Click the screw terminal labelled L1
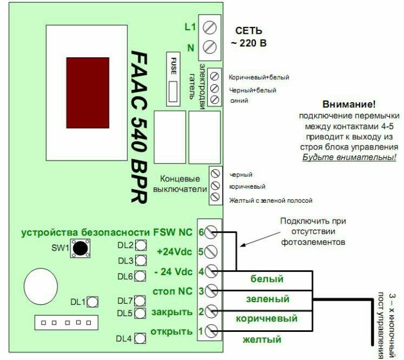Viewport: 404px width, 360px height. pos(209,28)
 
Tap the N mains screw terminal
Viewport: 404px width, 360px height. pos(209,47)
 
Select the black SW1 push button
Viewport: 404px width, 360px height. pos(80,248)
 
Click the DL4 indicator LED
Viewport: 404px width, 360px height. pos(140,338)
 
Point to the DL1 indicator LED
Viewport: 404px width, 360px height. pos(92,302)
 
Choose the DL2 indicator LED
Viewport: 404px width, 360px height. pos(141,245)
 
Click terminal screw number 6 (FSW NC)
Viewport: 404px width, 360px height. pos(211,232)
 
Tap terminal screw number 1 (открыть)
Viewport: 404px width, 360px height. pos(211,331)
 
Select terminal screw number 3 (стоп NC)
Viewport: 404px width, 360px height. pos(211,291)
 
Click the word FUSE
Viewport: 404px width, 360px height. pos(173,66)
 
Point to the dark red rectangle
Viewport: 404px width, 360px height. pos(88,93)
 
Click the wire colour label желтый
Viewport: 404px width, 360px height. pos(262,339)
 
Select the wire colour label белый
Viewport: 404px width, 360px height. pos(267,279)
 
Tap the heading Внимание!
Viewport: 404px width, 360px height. pos(349,104)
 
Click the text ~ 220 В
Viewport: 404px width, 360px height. pos(249,43)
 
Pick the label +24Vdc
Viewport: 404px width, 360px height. pos(175,252)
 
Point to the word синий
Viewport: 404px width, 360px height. pos(239,101)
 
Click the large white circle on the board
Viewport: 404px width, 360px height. pos(40,286)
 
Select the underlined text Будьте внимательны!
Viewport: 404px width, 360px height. pos(349,157)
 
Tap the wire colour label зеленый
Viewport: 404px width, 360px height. pos(268,299)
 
